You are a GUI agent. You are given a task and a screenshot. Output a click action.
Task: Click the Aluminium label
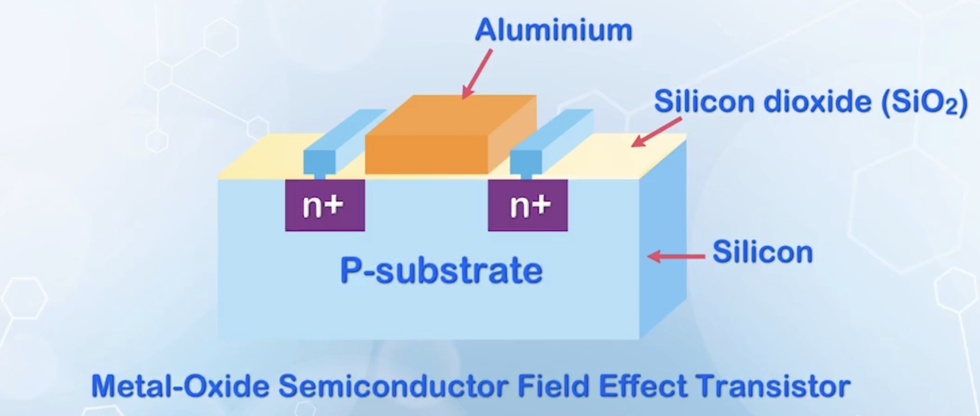click(553, 30)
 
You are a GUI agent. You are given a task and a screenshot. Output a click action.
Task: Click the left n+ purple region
click(325, 205)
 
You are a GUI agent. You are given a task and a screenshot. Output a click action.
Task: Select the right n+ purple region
click(527, 205)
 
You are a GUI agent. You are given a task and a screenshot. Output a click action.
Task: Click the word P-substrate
click(441, 270)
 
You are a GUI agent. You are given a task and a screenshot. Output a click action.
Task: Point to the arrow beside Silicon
click(676, 256)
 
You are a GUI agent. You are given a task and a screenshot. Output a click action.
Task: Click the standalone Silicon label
click(762, 252)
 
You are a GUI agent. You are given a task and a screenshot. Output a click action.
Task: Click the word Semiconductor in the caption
click(393, 387)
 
